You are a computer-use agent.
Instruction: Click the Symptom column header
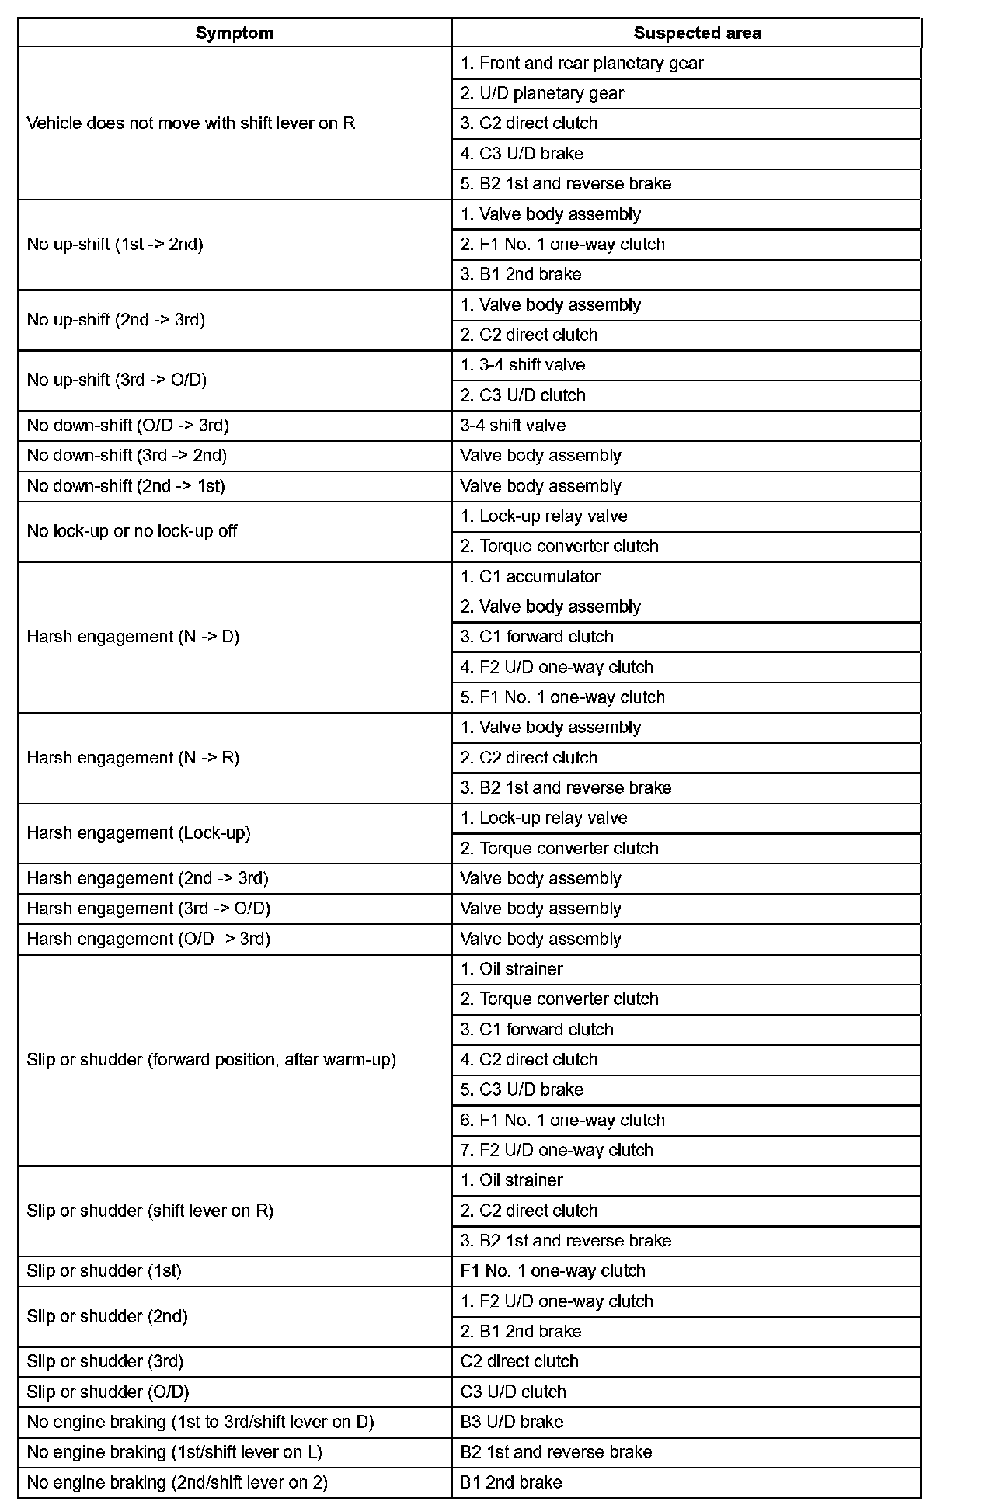tap(234, 33)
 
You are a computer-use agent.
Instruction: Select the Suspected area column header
tap(697, 33)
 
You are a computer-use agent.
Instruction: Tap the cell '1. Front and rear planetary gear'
tap(581, 64)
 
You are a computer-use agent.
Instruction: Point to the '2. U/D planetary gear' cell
tap(541, 94)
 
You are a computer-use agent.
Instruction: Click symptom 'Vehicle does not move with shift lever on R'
tap(191, 123)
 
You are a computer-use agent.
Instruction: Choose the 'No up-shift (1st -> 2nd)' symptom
tap(115, 245)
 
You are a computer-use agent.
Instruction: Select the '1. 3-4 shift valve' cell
tap(522, 365)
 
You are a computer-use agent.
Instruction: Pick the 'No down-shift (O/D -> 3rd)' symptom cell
tap(128, 426)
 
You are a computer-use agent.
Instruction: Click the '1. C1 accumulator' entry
tap(530, 577)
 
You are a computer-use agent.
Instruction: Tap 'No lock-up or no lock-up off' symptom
tap(132, 531)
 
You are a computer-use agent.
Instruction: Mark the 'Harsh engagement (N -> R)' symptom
tap(133, 758)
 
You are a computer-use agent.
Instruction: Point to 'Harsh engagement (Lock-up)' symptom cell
tap(139, 833)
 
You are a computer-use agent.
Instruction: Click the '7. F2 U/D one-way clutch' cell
tap(556, 1150)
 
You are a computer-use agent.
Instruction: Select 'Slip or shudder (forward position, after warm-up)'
tap(211, 1060)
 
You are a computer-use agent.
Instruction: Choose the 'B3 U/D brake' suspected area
tap(511, 1422)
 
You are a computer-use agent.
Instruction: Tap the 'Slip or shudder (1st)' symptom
tap(104, 1271)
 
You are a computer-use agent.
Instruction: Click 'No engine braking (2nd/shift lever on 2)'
tap(177, 1482)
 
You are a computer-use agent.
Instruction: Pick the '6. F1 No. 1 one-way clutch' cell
tap(562, 1120)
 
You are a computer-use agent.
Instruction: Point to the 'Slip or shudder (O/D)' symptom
tap(108, 1392)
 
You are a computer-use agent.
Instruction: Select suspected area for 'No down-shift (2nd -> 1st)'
tap(541, 486)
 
